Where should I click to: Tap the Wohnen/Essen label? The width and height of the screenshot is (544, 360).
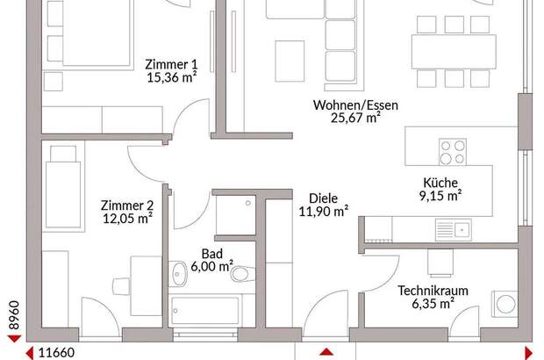[356, 105]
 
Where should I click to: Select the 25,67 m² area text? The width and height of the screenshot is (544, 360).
[356, 119]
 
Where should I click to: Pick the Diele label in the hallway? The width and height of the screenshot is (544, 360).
[323, 198]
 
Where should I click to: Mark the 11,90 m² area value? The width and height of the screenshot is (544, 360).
[323, 212]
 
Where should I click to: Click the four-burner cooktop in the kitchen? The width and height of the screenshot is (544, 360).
[452, 153]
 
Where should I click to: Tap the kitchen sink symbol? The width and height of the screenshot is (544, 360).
[455, 230]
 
